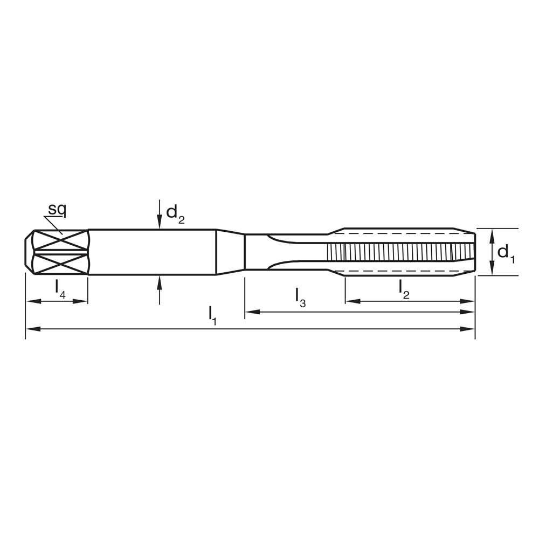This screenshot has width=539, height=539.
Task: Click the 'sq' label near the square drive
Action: pyautogui.click(x=56, y=209)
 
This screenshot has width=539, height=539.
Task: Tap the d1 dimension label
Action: pyautogui.click(x=506, y=252)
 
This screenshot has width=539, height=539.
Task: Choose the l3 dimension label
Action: pyautogui.click(x=300, y=297)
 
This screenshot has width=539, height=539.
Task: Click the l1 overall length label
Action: pyautogui.click(x=212, y=315)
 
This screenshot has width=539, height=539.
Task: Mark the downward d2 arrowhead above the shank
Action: pyautogui.click(x=159, y=222)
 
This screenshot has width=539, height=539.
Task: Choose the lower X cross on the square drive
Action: pyautogui.click(x=60, y=264)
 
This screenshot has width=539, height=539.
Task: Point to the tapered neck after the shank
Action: pyautogui.click(x=230, y=252)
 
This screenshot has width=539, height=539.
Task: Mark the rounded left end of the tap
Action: pyautogui.click(x=29, y=252)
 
